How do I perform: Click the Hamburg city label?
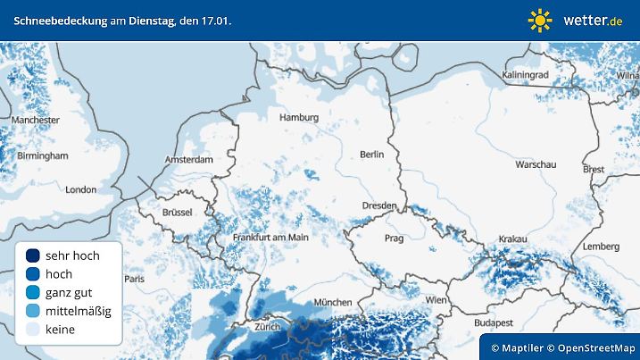(x=299, y=118)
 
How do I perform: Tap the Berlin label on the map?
(x=371, y=155)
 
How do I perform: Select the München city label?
(x=332, y=303)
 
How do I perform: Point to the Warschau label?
(x=536, y=165)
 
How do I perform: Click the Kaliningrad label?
(x=526, y=74)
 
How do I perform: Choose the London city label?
(x=80, y=189)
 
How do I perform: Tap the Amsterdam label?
(x=189, y=160)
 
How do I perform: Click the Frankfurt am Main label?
(x=270, y=238)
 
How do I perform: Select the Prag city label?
(x=394, y=239)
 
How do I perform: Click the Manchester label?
(x=36, y=120)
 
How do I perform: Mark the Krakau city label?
(x=512, y=239)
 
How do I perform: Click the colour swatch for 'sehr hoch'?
(x=33, y=255)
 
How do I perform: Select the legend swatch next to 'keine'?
(x=33, y=330)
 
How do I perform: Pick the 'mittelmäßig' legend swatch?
(x=33, y=311)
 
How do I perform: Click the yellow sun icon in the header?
(x=540, y=20)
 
